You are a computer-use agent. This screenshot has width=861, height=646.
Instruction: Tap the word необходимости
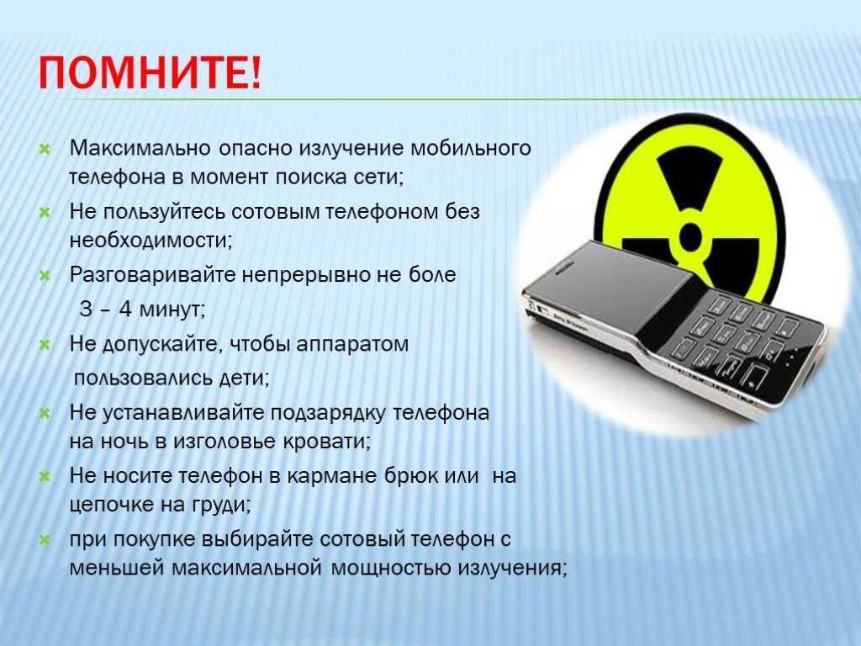149,240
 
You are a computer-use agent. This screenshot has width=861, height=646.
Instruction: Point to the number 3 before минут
85,309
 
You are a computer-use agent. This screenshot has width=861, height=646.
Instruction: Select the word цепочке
107,505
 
